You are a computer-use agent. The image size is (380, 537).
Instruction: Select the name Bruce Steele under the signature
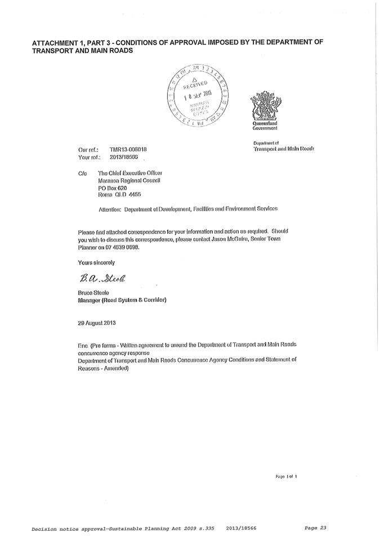(93, 293)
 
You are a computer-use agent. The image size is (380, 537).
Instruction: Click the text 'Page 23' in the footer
(315, 527)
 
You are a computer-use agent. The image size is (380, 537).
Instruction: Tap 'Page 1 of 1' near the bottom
(286, 476)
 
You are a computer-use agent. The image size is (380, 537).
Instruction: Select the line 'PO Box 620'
(113, 187)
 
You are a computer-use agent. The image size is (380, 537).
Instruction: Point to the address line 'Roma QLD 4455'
(119, 195)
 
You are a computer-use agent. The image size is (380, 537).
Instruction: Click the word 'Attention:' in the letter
(110, 208)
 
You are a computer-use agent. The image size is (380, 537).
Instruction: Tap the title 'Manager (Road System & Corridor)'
(122, 300)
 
